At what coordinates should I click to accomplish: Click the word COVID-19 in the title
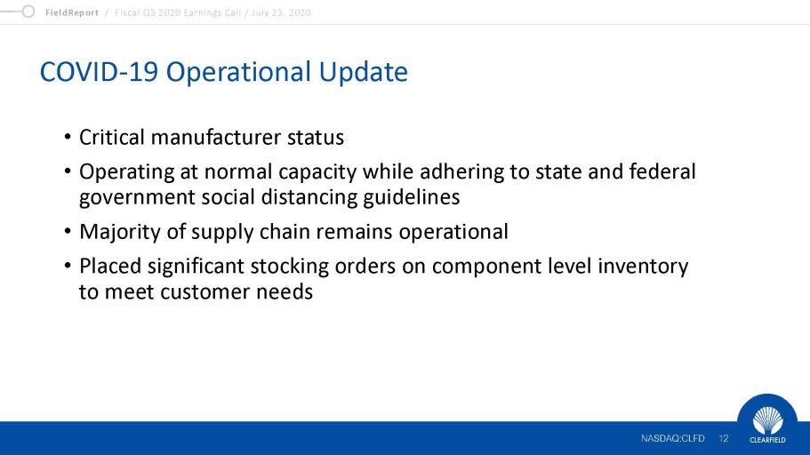99,71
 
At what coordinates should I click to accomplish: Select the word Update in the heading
363,72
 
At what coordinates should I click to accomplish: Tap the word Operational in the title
238,72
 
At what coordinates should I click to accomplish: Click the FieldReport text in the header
72,12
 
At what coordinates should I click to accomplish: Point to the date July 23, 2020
281,12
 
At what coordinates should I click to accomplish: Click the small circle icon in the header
28,12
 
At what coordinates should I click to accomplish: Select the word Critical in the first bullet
111,138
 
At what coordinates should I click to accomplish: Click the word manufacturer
216,138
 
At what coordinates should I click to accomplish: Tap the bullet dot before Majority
68,231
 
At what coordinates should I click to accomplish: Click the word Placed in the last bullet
110,267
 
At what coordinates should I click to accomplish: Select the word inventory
643,267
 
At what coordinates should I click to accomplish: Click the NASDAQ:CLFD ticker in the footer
672,438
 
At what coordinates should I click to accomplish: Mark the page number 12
723,438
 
